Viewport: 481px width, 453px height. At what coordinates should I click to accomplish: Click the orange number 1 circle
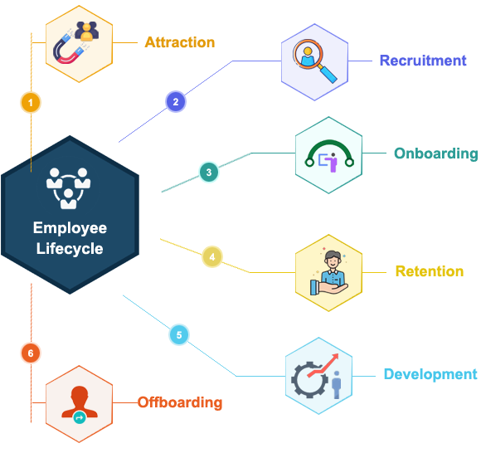(31, 102)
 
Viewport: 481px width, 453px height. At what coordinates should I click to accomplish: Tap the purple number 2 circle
(176, 101)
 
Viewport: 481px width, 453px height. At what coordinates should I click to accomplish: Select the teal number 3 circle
(209, 173)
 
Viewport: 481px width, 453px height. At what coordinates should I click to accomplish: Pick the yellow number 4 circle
(212, 256)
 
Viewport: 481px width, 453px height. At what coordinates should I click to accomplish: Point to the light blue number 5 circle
(179, 334)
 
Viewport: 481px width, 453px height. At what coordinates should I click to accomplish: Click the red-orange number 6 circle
(31, 353)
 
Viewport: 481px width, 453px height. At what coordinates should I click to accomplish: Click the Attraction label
(180, 42)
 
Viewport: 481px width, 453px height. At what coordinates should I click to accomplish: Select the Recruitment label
(423, 61)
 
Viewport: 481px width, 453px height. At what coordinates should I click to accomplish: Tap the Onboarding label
(436, 153)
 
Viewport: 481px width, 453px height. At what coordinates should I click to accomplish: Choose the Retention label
(430, 271)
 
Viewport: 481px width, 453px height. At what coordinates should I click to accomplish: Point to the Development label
(430, 375)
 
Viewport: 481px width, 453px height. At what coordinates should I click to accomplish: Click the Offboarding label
(180, 402)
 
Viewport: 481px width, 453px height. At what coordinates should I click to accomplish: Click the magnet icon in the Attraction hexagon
(68, 49)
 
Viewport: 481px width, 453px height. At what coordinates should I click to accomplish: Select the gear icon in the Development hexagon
(309, 380)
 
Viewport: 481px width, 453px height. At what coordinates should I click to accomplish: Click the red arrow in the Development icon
(324, 364)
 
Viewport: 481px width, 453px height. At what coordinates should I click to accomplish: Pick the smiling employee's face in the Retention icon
(333, 260)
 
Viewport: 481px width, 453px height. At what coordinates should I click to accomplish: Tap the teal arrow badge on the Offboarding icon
(80, 417)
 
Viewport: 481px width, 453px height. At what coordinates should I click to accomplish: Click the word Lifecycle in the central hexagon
(70, 248)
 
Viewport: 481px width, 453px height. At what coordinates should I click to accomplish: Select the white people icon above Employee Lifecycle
(68, 188)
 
